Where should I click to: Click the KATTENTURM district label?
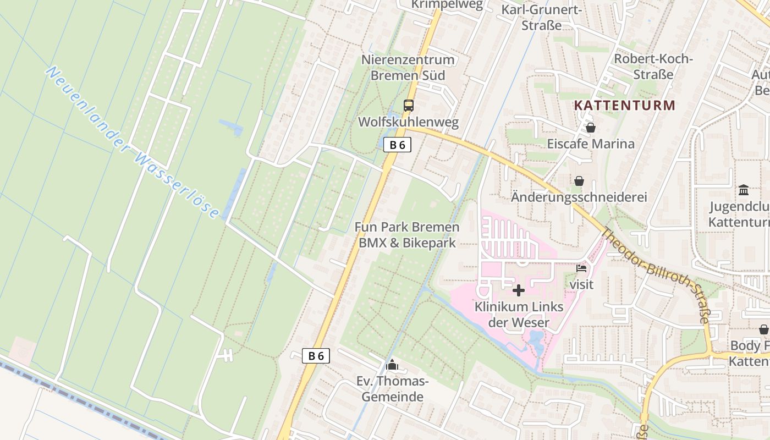click(625, 105)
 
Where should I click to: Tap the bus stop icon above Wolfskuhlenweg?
click(408, 106)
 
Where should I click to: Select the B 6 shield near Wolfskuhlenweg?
click(397, 145)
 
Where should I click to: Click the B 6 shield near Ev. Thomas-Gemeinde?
click(316, 356)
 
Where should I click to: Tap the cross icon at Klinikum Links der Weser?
click(518, 290)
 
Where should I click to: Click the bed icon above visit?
click(581, 268)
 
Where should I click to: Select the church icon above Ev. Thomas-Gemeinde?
click(392, 364)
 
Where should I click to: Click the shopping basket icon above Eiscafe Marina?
click(591, 128)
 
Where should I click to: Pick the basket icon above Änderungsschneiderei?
click(579, 180)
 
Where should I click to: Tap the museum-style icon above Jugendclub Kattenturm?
click(744, 190)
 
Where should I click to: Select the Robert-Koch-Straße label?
click(653, 67)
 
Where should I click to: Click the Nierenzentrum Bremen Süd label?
click(408, 67)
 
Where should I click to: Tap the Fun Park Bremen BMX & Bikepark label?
click(407, 235)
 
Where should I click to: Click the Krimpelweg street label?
click(447, 5)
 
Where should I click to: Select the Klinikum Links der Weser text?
click(519, 314)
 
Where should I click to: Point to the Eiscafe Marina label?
click(591, 144)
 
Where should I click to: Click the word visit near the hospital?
click(581, 284)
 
